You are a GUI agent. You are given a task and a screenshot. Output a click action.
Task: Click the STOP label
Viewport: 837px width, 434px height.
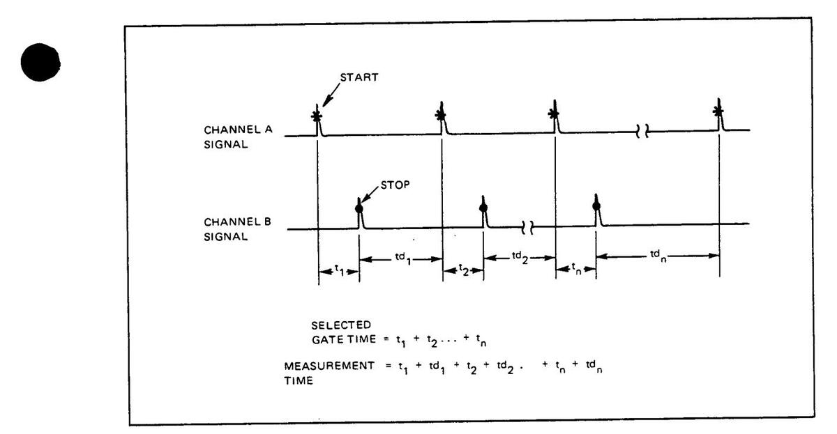click(392, 186)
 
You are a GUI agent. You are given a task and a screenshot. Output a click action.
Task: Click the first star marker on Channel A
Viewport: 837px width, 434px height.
click(317, 116)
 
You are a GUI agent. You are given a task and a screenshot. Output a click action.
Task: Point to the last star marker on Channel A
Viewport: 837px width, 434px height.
click(718, 111)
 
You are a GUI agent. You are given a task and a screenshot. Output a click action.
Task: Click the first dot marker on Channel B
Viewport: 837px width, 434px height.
click(359, 208)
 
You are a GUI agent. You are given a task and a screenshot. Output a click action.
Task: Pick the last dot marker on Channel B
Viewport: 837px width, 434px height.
click(596, 206)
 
